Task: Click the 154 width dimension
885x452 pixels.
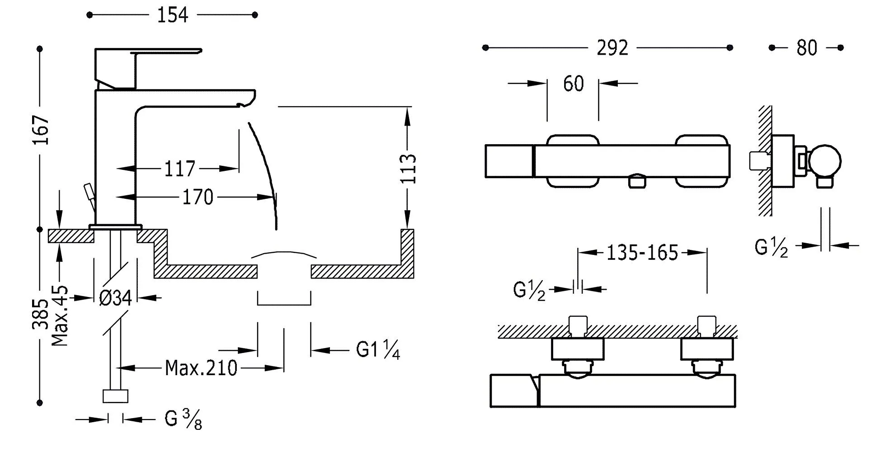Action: pos(172,15)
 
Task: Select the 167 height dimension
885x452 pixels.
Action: pos(42,130)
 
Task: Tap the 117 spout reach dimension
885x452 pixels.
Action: pos(179,169)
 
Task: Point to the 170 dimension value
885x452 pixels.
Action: pos(198,197)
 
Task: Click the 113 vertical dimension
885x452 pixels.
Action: pos(408,169)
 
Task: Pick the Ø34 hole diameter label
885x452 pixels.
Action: pos(116,298)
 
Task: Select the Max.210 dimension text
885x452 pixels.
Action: pos(201,368)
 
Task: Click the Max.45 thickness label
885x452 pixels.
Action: pos(60,315)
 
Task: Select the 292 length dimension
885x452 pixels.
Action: pos(612,48)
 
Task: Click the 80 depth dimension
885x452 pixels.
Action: pos(807,48)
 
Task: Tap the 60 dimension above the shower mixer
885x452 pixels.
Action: pos(573,84)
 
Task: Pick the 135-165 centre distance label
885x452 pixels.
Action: pos(642,253)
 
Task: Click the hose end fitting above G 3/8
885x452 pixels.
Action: pos(116,396)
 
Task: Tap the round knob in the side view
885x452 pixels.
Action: pos(825,161)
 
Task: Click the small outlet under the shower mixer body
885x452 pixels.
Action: pos(637,181)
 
